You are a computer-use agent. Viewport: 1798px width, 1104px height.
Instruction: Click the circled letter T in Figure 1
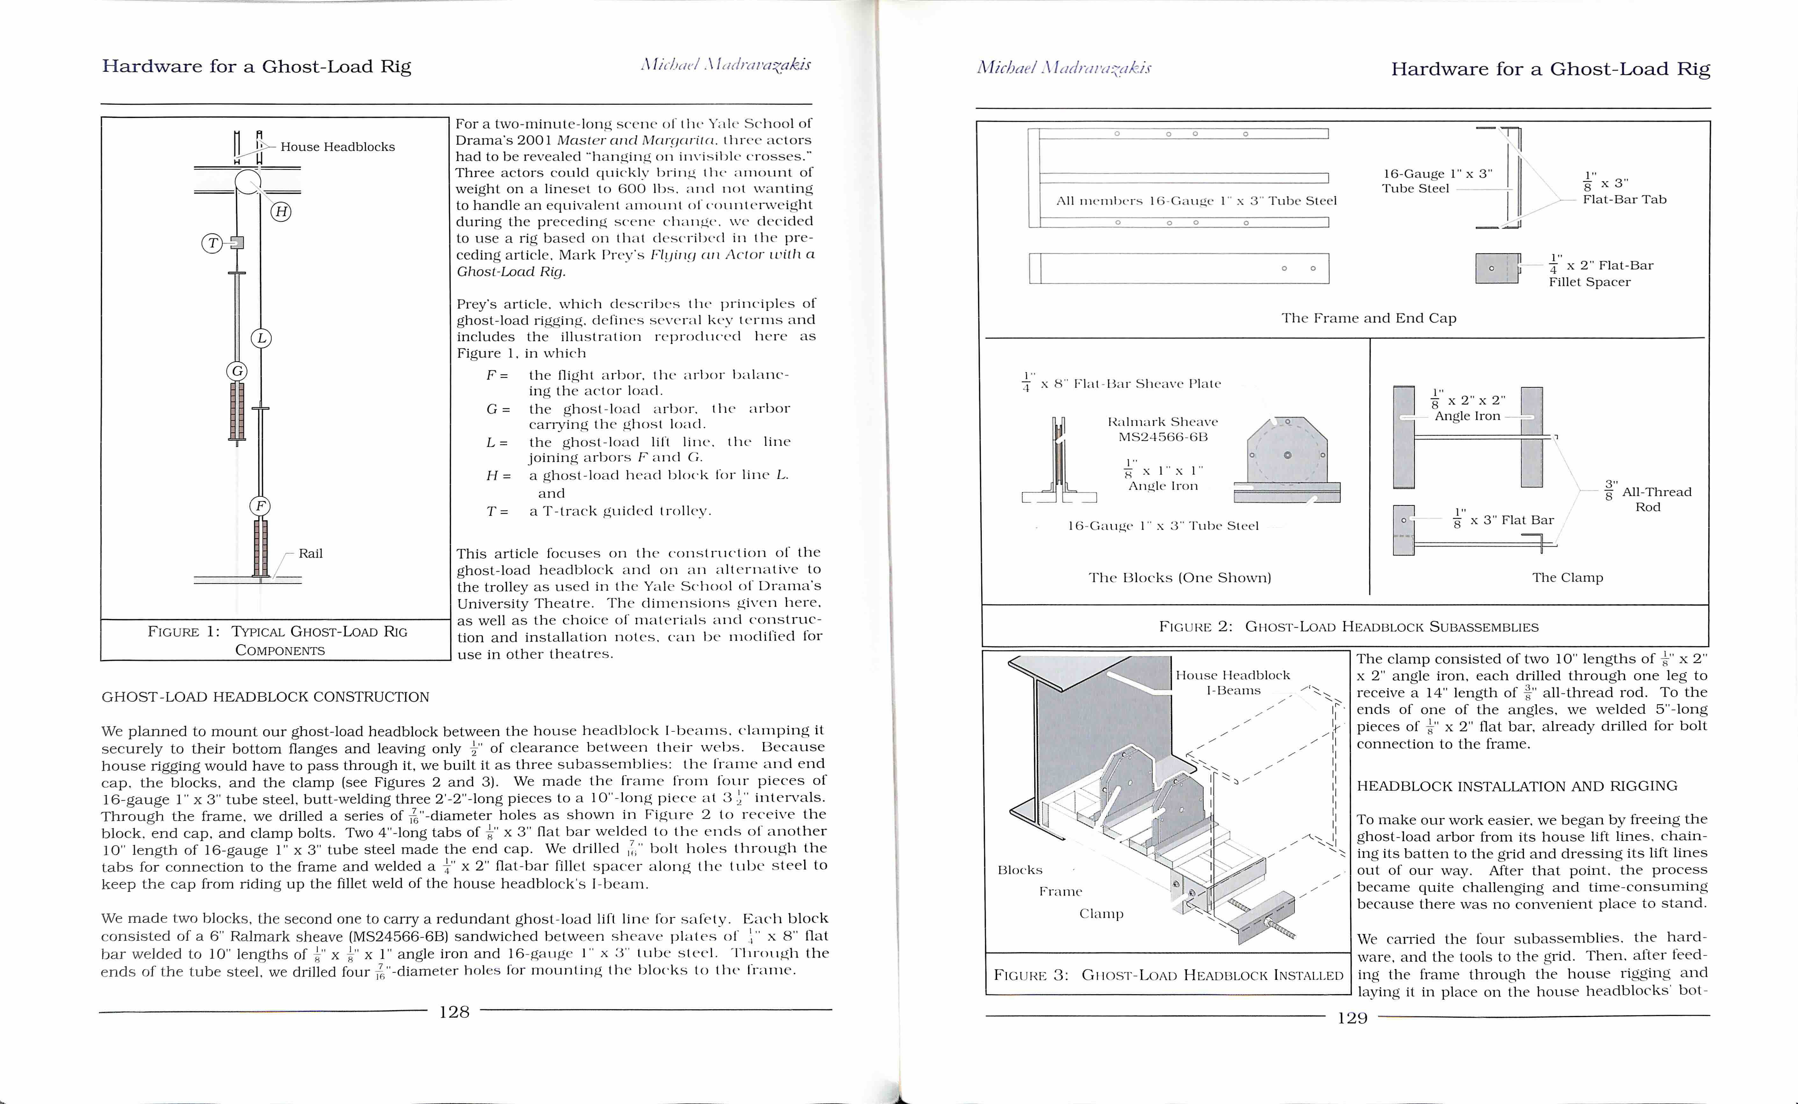pyautogui.click(x=212, y=243)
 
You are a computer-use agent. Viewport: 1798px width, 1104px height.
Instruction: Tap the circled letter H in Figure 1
pyautogui.click(x=281, y=212)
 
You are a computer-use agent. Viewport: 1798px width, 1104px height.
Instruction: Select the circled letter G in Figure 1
pyautogui.click(x=236, y=371)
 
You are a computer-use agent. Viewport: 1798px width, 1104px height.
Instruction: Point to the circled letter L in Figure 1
pyautogui.click(x=261, y=338)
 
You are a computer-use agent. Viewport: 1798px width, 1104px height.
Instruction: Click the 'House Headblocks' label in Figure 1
pyautogui.click(x=337, y=147)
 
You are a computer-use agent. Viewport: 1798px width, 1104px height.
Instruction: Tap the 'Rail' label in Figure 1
pyautogui.click(x=310, y=554)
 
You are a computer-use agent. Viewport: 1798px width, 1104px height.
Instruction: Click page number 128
pyautogui.click(x=454, y=1012)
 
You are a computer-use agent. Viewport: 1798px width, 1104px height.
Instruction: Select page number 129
pyautogui.click(x=1352, y=1018)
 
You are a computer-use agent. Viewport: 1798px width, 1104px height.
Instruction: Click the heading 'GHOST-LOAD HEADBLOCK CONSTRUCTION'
pyautogui.click(x=265, y=697)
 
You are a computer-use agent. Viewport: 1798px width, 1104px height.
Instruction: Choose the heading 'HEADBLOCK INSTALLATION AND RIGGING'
pyautogui.click(x=1517, y=786)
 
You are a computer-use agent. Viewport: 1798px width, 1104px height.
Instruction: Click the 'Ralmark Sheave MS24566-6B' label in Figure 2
pyautogui.click(x=1162, y=429)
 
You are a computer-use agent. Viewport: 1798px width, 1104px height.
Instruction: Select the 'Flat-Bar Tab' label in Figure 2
pyautogui.click(x=1624, y=199)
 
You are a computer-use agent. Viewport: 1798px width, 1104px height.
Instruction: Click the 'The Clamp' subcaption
pyautogui.click(x=1567, y=577)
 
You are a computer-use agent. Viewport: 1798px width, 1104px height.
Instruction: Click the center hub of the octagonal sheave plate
pyautogui.click(x=1287, y=455)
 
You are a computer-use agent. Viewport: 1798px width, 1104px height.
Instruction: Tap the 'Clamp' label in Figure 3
pyautogui.click(x=1101, y=914)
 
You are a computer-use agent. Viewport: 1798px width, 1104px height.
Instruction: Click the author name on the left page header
pyautogui.click(x=726, y=65)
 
